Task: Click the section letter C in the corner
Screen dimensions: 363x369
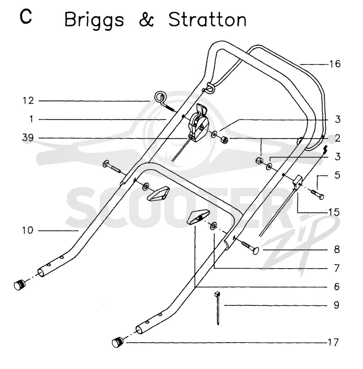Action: coord(26,17)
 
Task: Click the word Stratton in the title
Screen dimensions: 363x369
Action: coord(207,20)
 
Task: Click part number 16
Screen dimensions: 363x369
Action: coord(335,64)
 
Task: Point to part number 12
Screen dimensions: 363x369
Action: coord(29,101)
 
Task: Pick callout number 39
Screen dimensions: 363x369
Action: coord(28,138)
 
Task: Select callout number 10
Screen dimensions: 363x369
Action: coord(28,230)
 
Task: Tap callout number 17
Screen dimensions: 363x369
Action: coord(333,342)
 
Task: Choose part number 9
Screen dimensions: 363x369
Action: coord(336,305)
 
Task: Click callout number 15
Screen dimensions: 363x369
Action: coord(334,212)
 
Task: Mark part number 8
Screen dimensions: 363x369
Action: coord(337,249)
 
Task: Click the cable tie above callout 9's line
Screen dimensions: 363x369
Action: coord(217,308)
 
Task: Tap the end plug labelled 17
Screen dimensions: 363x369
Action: coord(118,342)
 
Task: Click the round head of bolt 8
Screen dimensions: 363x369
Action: coord(255,251)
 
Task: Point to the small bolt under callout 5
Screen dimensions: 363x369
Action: coord(318,194)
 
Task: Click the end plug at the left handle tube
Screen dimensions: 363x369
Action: coord(20,285)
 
